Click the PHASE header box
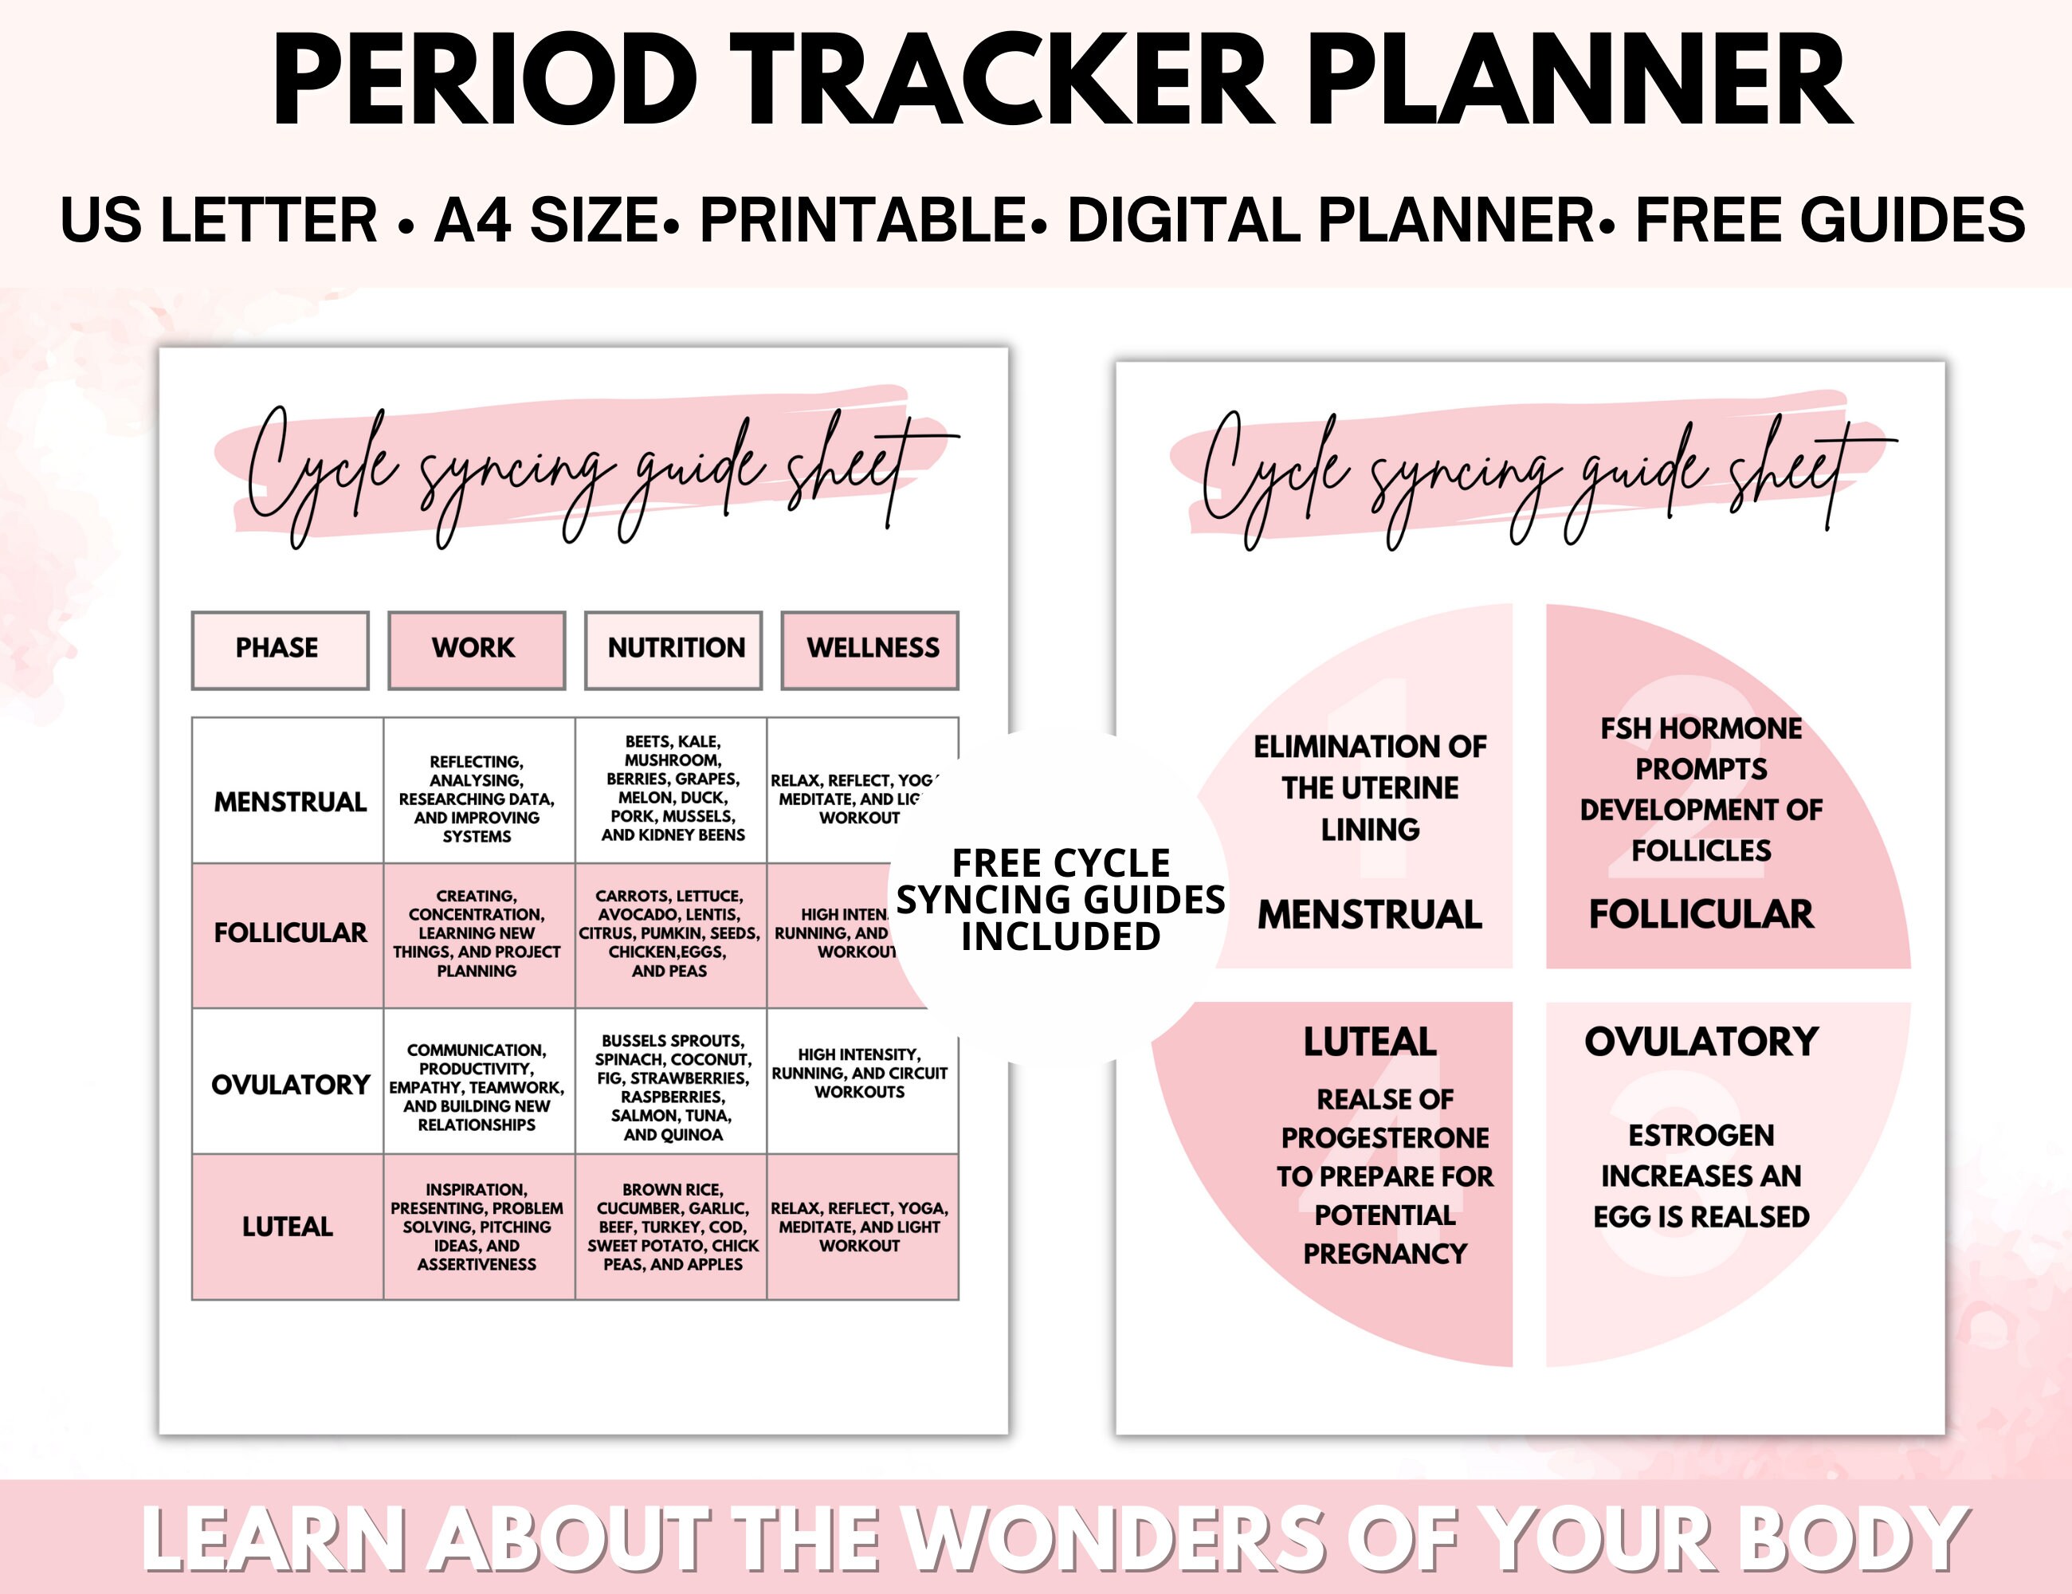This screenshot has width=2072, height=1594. pos(280,649)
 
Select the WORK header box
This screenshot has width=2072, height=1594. pos(477,649)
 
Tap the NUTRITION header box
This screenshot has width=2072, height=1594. pos(673,649)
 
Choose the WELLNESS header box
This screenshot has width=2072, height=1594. pos(870,649)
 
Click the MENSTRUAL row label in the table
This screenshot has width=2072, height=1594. pos(289,802)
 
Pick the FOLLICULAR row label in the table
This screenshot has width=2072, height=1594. pos(289,932)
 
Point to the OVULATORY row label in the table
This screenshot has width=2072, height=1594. pos(289,1085)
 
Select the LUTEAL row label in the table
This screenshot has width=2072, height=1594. pos(288,1227)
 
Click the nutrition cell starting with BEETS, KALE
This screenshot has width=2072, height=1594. pos(672,788)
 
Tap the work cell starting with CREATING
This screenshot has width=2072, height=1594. pos(477,932)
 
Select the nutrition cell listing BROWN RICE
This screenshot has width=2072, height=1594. pos(672,1227)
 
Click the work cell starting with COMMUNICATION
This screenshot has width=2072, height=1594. pos(477,1087)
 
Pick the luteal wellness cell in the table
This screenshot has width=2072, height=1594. pos(860,1227)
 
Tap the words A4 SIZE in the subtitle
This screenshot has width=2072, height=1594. pos(547,220)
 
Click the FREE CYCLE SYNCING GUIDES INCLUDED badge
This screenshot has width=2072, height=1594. pos(1061,900)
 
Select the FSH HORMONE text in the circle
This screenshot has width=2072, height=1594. pos(1701,728)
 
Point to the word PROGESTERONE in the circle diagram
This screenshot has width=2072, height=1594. pos(1384,1137)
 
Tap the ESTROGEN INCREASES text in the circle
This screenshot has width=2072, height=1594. pos(1701,1156)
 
